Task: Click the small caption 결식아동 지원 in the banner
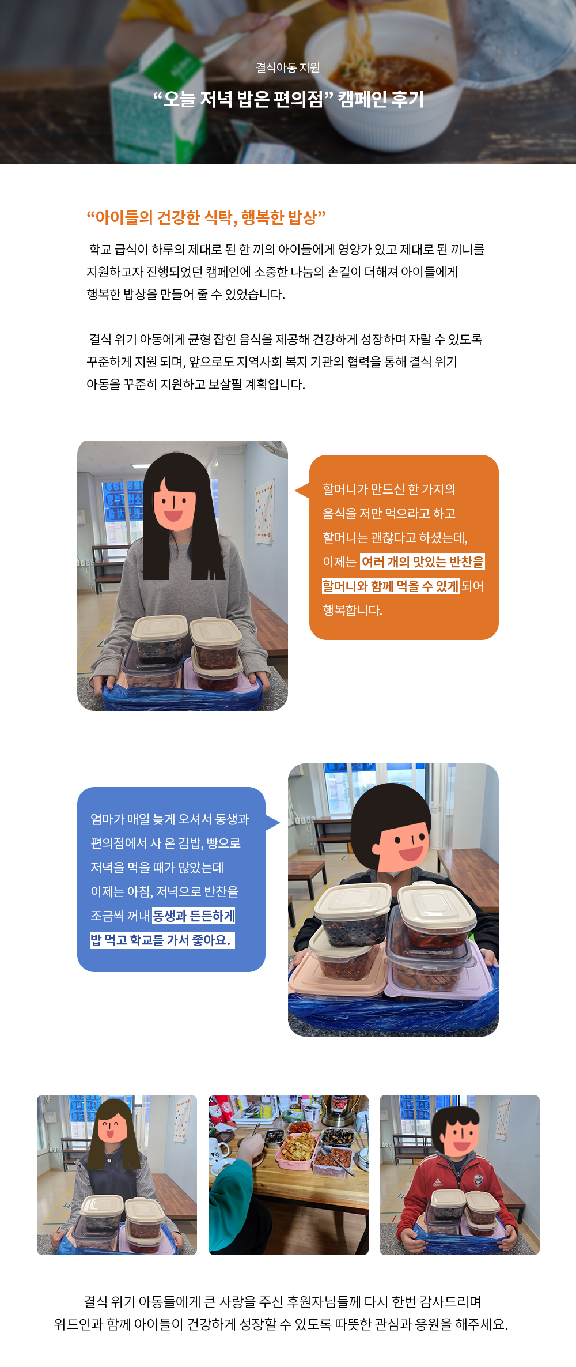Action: coord(288,68)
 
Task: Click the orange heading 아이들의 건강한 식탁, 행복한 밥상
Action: coord(206,217)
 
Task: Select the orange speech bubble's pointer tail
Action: coord(302,490)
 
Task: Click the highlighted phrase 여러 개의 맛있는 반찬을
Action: coord(423,562)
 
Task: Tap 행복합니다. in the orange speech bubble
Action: coord(353,611)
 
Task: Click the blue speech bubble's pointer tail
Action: coord(272,823)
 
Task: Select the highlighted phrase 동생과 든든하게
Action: coord(194,916)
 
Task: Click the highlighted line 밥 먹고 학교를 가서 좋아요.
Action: coord(162,940)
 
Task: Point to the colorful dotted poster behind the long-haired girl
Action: coord(264,512)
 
